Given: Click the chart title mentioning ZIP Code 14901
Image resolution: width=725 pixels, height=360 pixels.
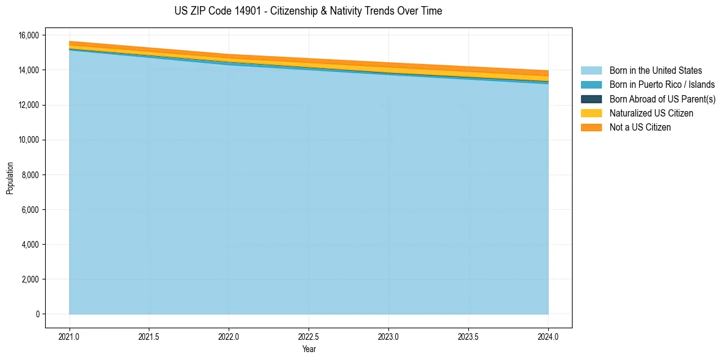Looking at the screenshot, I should point(308,11).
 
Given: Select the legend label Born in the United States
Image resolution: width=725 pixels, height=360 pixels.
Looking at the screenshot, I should point(655,71).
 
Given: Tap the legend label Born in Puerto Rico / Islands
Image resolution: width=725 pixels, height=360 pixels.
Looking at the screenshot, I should point(662,85).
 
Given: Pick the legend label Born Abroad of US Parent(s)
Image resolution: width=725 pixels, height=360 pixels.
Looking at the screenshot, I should point(662,99).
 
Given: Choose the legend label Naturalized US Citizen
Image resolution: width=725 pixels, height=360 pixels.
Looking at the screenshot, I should point(651,113).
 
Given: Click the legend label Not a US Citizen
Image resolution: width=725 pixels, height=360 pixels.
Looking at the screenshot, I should point(640,128).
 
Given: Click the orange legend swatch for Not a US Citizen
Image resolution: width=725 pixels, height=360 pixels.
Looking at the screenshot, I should point(591,128).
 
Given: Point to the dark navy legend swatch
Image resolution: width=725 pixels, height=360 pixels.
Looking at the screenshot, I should point(591,99).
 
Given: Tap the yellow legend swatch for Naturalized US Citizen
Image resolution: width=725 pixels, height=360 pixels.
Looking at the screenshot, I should point(591,113).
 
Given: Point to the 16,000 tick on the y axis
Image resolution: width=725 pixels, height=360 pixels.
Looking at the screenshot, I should point(29,35).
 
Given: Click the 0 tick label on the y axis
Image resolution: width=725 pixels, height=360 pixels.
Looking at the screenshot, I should point(37,314).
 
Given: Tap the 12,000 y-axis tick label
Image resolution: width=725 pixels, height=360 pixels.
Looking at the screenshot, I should point(29,106).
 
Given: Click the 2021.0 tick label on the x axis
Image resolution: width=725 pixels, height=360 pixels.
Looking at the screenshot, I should point(70,336).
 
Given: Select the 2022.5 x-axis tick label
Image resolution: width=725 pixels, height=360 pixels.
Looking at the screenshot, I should point(309,336).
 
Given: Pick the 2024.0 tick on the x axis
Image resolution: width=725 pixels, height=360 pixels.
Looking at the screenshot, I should point(548,336).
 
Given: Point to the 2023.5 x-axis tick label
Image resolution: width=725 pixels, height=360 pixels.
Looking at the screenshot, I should point(468,336).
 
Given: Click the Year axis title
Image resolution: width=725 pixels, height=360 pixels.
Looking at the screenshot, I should point(309,349).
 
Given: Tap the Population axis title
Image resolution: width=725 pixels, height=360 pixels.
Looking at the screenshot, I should point(10,178).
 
